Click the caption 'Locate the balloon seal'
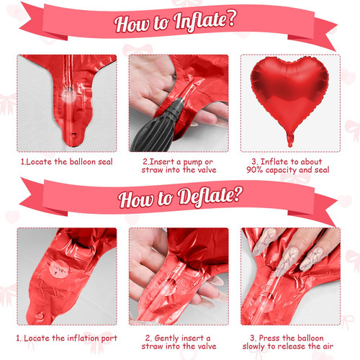tap(67, 162)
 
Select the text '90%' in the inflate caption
tap(255, 170)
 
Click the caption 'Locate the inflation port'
tap(67, 338)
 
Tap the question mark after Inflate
tap(231, 19)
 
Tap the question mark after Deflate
tap(238, 194)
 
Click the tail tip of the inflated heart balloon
tap(290, 145)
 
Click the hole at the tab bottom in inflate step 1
tap(74, 136)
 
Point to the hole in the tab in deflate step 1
tap(40, 315)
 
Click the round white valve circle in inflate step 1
tap(68, 96)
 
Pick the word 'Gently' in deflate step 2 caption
tap(168, 338)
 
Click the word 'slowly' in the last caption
tap(254, 346)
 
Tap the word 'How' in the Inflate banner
tap(132, 24)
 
